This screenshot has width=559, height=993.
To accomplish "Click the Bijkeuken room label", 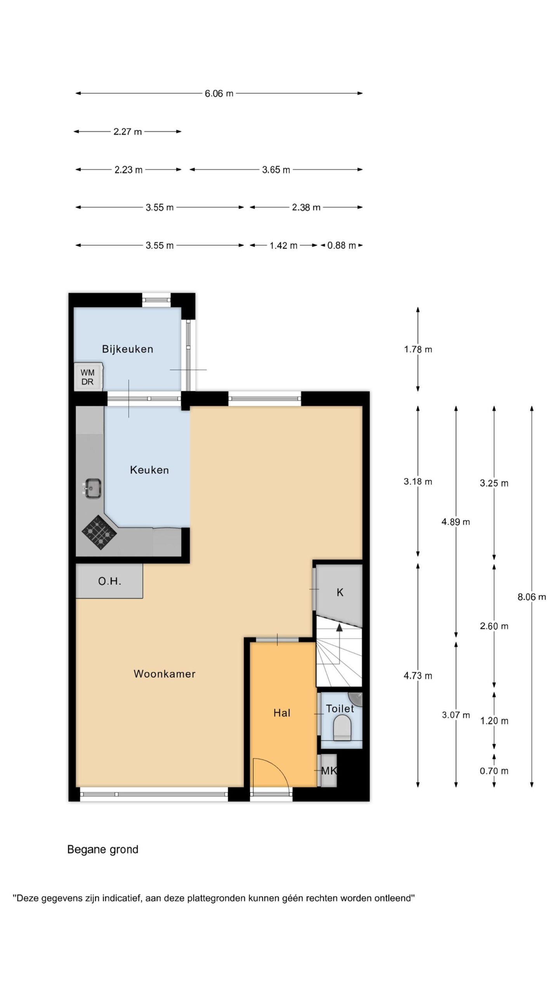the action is [127, 349].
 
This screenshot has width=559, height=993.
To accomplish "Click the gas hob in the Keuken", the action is [99, 532].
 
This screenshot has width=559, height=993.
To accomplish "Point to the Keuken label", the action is [149, 470].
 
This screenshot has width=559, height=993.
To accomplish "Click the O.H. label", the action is [109, 581].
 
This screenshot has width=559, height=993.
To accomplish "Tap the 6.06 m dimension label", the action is [219, 93].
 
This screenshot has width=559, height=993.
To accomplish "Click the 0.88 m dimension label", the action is [342, 246].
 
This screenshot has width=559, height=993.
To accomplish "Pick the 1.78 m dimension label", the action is [418, 349].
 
